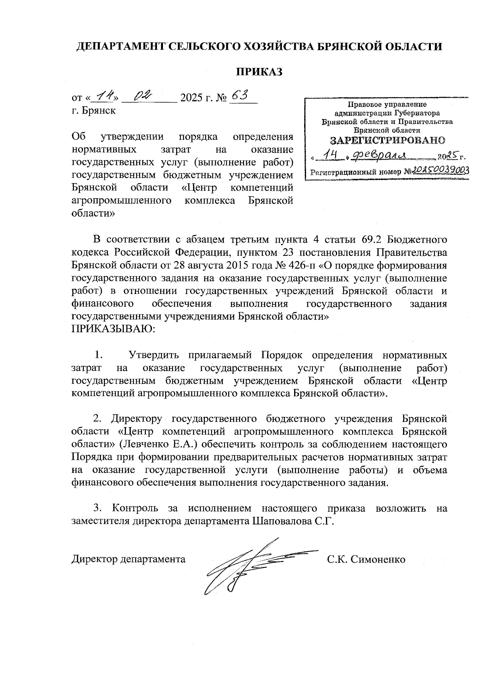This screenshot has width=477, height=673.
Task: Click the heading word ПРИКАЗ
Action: click(259, 72)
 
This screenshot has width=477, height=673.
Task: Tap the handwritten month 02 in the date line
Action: click(143, 95)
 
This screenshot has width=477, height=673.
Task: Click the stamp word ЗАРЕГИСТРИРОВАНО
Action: click(388, 140)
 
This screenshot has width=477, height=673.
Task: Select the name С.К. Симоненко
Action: click(366, 559)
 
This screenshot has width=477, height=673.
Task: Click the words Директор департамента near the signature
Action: click(128, 559)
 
